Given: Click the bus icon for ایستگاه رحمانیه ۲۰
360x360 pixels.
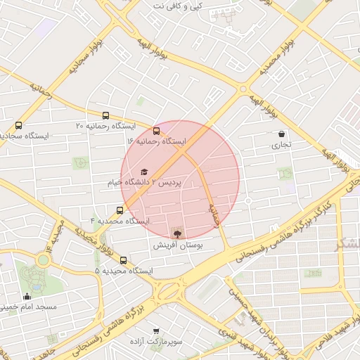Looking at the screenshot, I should pos(105,115).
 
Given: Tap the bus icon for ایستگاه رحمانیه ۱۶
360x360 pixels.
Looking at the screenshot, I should pos(156,130).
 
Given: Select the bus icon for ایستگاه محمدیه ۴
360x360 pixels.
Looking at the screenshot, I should pos(120,210).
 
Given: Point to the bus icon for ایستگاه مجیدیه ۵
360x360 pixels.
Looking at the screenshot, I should pos(123,260).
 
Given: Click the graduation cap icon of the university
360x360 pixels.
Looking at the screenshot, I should pos(144,172).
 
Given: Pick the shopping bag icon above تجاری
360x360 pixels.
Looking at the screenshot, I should pos(281,134).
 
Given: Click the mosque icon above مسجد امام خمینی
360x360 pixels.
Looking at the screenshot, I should pos(27,296).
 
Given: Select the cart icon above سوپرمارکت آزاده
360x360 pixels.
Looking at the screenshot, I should pos(156,329).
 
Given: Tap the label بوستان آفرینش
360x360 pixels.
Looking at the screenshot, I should pos(177,246).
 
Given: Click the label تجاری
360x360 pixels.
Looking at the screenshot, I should pos(281,146).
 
